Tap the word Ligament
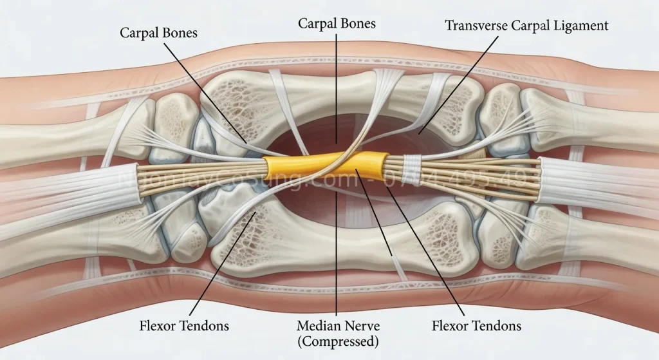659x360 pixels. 582,26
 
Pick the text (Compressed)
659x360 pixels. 337,341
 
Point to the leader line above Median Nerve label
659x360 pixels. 337,258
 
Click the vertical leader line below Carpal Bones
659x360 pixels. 337,84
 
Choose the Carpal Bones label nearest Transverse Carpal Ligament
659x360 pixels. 337,24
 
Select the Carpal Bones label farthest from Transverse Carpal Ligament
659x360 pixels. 158,32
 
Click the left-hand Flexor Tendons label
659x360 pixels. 183,325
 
